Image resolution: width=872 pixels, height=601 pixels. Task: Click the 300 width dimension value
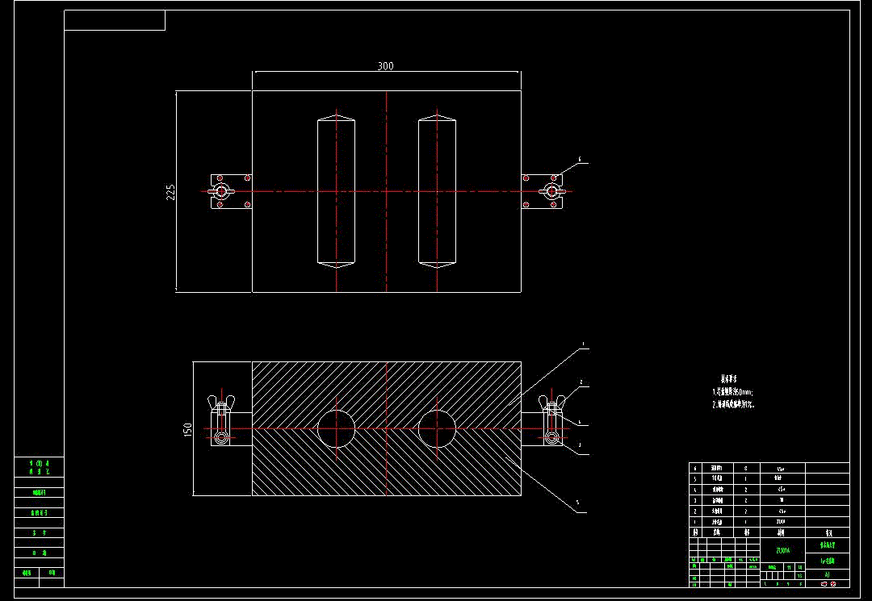(386, 66)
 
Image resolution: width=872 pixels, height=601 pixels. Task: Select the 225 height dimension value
(171, 192)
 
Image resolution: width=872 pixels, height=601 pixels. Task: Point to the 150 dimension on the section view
(187, 429)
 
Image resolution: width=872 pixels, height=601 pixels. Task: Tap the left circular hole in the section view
(336, 428)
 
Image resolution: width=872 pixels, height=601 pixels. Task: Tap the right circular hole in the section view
(437, 428)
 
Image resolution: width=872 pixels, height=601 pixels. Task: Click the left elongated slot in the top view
(336, 192)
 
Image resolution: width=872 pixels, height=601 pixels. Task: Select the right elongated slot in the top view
(437, 192)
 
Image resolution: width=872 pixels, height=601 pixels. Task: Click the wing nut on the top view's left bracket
(220, 191)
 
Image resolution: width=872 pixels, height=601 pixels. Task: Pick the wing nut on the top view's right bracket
(551, 191)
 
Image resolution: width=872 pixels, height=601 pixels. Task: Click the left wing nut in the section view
(219, 406)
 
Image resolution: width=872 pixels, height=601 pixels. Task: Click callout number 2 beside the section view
(581, 381)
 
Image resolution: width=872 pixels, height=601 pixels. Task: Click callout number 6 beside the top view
(579, 160)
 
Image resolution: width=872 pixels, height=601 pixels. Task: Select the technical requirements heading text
(729, 378)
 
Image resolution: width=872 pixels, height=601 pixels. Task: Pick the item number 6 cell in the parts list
(695, 468)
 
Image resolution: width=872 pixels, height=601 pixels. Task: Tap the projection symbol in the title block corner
(828, 583)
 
